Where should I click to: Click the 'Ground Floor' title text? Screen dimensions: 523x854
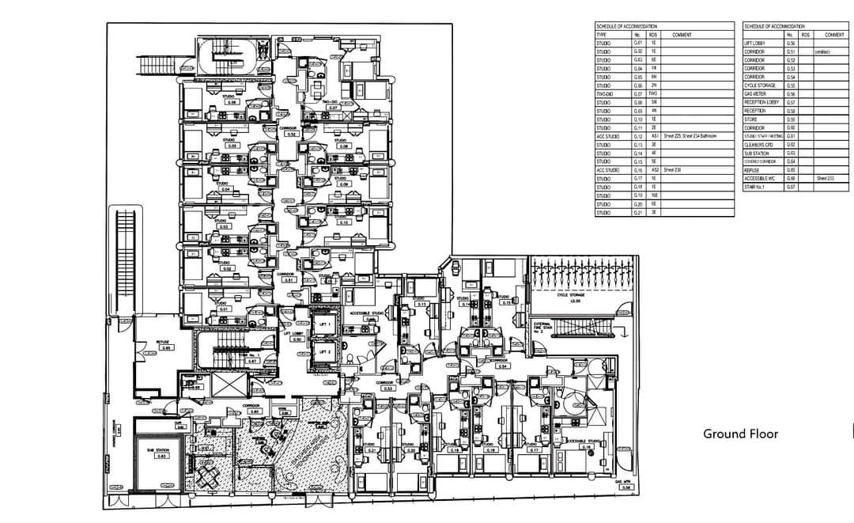740,434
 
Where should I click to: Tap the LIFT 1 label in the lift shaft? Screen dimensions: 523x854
324,324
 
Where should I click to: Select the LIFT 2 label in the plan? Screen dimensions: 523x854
324,351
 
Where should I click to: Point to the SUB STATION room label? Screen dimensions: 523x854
161,452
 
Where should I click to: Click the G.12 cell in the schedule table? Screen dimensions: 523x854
637,136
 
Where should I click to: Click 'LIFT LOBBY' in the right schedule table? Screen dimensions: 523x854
754,44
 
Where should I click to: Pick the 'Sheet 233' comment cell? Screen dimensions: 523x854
826,179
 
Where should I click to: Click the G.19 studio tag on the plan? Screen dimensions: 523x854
455,449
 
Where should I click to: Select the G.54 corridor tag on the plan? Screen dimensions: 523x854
501,365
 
